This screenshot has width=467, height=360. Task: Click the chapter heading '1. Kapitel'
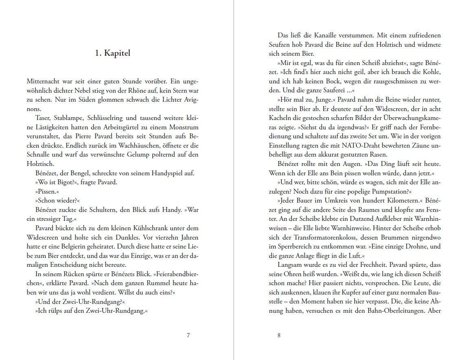(x=112, y=53)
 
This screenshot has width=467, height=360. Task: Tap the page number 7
(x=188, y=335)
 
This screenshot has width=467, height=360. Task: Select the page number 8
(x=279, y=335)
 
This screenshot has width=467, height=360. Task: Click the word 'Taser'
(x=44, y=118)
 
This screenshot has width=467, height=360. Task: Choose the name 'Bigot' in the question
(x=59, y=182)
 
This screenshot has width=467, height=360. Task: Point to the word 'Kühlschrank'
(x=138, y=228)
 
